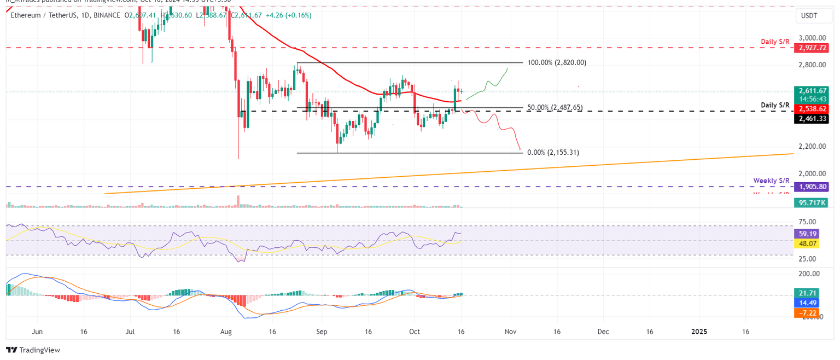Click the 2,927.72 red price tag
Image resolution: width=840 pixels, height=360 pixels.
pos(812,48)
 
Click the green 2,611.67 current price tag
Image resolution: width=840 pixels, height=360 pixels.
pos(812,91)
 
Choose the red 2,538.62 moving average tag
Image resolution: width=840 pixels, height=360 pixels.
pos(812,109)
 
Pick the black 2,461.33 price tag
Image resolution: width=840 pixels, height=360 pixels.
pos(812,119)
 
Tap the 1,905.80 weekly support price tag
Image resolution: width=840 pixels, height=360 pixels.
pos(812,187)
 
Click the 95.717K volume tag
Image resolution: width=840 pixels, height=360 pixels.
pos(812,202)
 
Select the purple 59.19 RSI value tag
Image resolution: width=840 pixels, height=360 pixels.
pos(804,233)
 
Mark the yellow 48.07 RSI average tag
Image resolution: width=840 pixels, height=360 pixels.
pos(804,242)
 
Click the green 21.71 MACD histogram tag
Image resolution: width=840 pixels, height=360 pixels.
pos(804,294)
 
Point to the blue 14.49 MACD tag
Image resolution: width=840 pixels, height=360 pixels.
pos(804,303)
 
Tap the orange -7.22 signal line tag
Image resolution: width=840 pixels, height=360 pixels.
pos(804,312)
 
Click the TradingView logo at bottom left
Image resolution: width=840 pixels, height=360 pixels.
pos(33,350)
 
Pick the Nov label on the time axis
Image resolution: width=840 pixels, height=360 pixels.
pos(510,332)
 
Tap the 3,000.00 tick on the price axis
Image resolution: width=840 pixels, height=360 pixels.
pos(812,38)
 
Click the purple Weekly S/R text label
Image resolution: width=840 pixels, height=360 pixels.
pos(772,180)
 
